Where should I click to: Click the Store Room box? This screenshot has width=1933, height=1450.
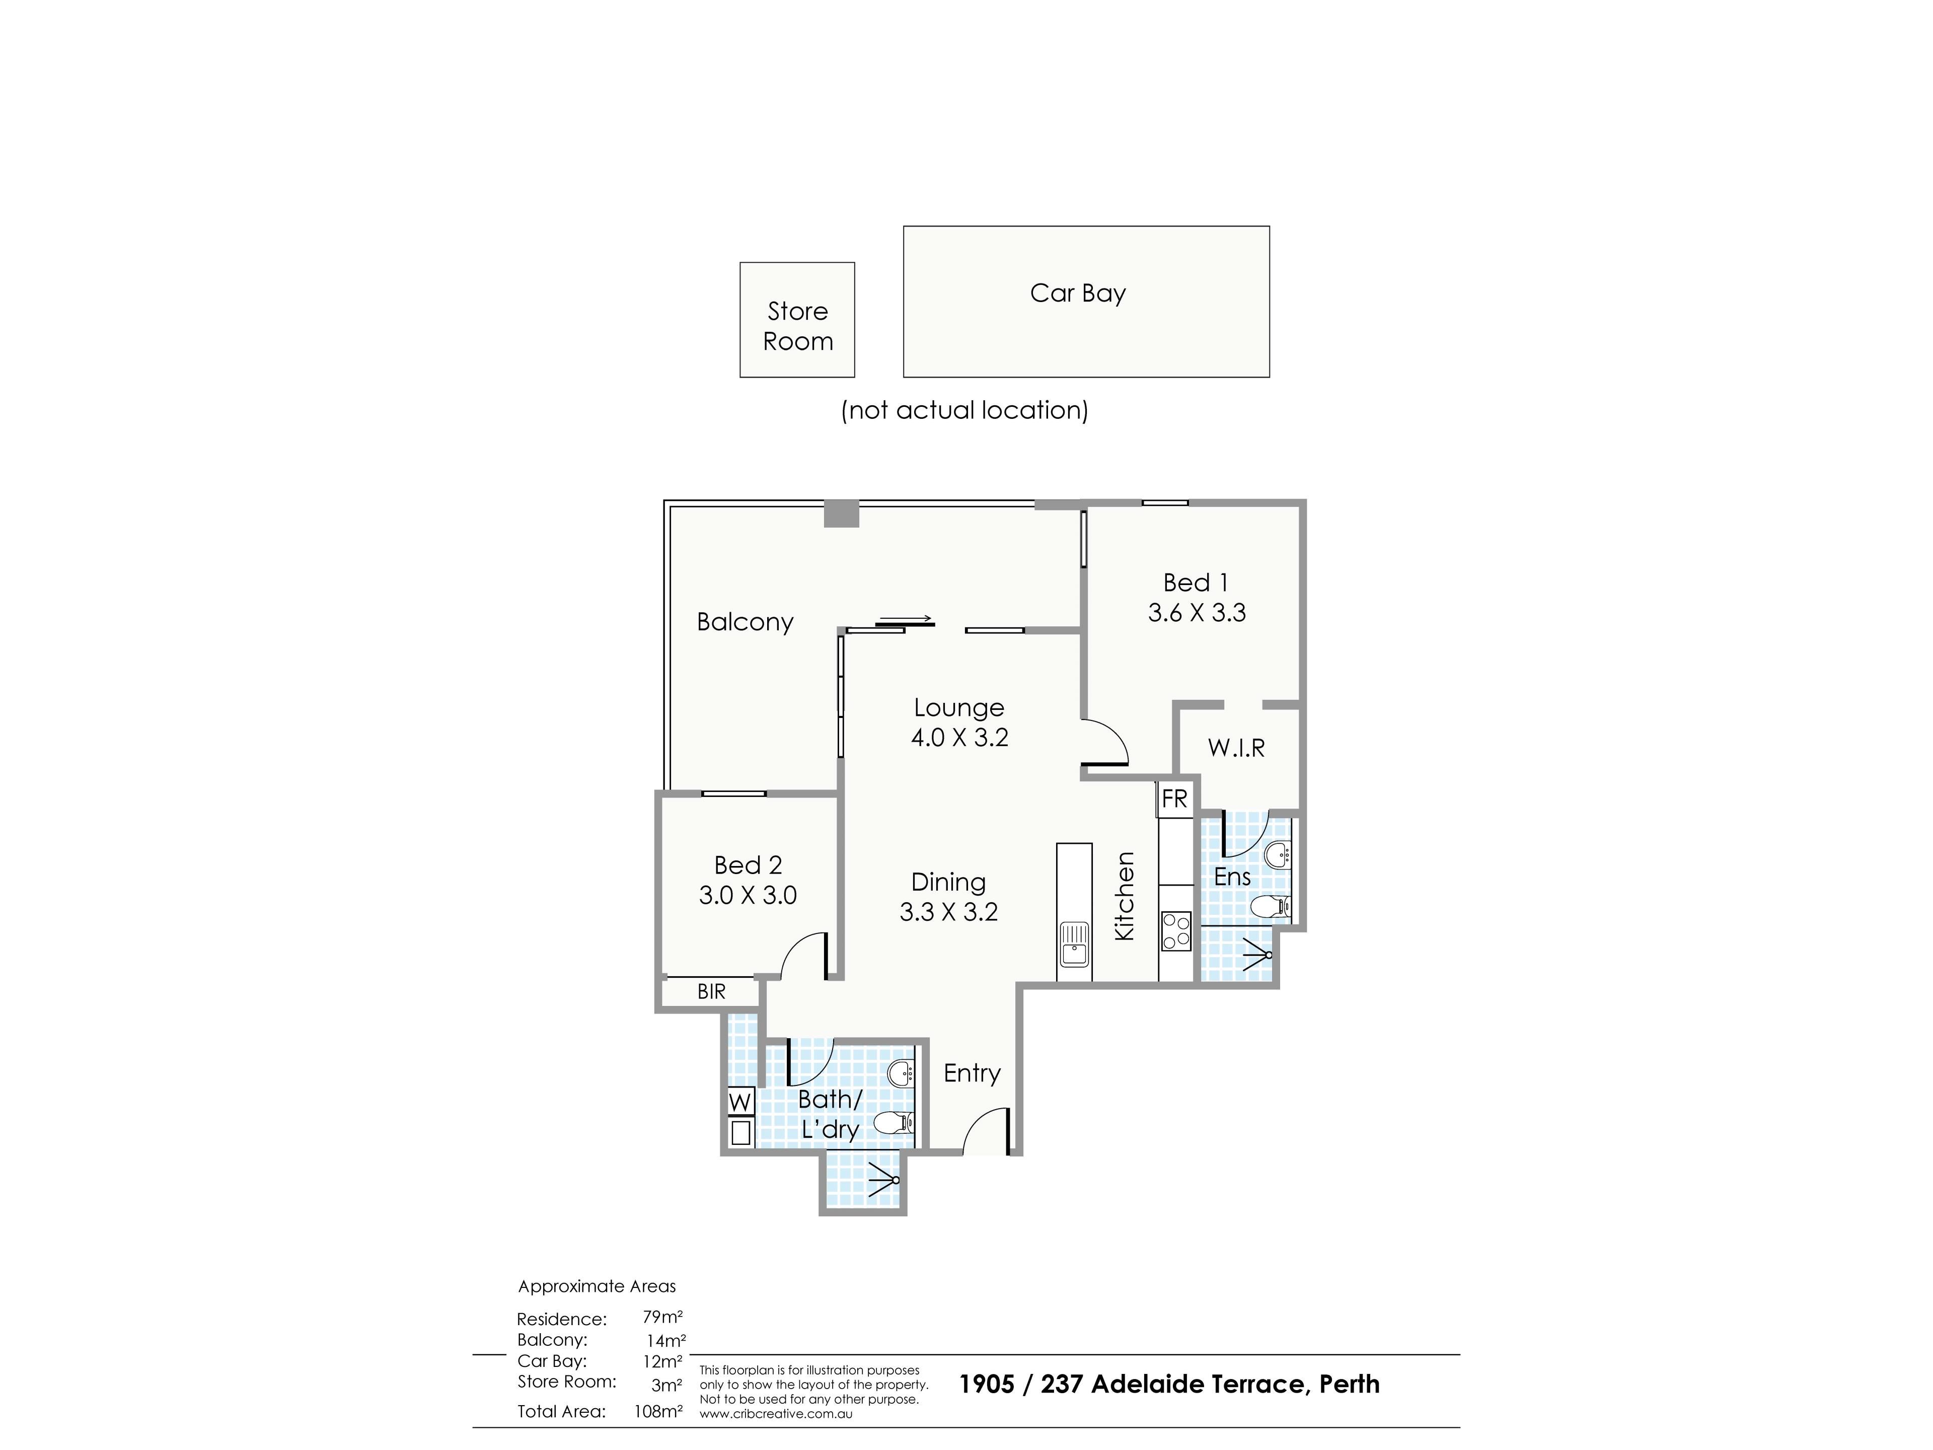pos(797,320)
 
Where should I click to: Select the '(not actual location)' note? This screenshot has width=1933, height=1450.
pos(965,410)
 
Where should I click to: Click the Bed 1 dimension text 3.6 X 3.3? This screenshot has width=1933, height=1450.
pos(1197,613)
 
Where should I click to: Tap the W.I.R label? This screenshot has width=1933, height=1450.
pos(1236,747)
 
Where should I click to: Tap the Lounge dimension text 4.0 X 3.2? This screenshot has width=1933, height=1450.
pos(959,738)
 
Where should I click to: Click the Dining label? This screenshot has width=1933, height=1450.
pos(948,882)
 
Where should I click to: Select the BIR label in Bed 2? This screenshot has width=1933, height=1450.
pos(711,992)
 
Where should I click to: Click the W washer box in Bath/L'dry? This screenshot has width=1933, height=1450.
pos(740,1101)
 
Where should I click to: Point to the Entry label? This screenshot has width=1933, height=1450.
pos(972,1073)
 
